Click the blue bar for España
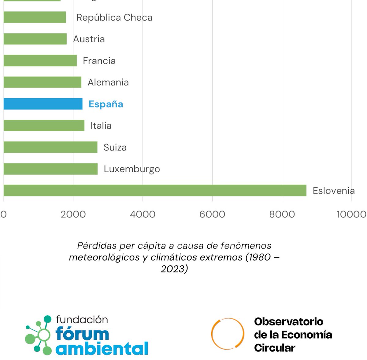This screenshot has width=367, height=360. point(43,104)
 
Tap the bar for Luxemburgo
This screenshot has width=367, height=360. point(50,169)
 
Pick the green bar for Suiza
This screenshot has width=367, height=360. point(50,147)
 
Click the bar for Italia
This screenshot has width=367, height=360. point(44,126)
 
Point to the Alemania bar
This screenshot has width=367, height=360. point(42,82)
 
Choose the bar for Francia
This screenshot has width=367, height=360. point(40,61)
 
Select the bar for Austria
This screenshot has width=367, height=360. point(35,39)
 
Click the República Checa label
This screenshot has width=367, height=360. point(114,17)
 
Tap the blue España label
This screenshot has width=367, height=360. point(106,104)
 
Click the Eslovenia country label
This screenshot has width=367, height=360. point(334,191)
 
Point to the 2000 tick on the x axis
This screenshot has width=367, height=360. point(73,214)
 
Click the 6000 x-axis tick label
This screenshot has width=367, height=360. point(212,214)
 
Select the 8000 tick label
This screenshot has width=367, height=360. point(282,214)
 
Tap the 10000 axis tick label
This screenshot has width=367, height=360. point(351,214)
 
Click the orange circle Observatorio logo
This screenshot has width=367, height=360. point(228,333)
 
